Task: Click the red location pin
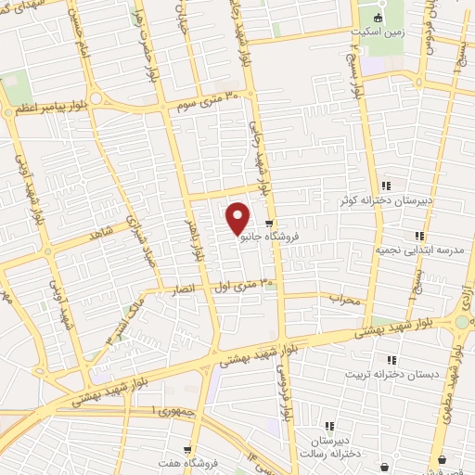click(x=238, y=218)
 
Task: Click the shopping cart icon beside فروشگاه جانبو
click(x=269, y=224)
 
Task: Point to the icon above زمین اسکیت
click(x=377, y=18)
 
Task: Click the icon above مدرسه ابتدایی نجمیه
click(x=419, y=236)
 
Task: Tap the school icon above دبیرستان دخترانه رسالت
click(x=329, y=426)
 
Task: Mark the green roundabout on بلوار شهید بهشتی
click(x=461, y=321)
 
